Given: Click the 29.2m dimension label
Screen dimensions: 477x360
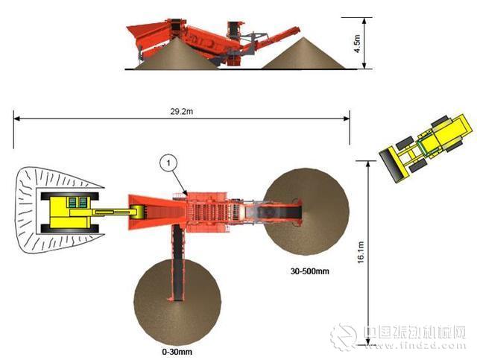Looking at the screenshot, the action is coord(181,111).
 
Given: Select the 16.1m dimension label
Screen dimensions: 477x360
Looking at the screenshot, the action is coord(361,252).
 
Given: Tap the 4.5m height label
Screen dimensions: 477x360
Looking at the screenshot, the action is coord(357,43).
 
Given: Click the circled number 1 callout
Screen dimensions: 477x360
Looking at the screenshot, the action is coord(169,163).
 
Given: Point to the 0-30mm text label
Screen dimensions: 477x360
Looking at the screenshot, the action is coord(177,352).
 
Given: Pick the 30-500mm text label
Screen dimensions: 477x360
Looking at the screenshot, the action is coord(310,271).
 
